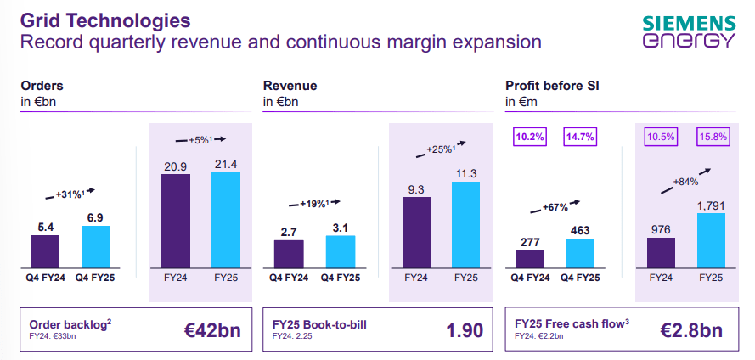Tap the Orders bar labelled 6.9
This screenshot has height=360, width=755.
click(95, 247)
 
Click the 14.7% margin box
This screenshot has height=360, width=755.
click(580, 137)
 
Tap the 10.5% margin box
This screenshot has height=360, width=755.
click(660, 137)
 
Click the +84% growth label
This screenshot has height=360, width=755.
click(685, 181)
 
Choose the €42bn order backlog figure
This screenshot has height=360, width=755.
click(212, 329)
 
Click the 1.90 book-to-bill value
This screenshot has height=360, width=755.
click(465, 329)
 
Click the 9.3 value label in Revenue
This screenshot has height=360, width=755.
click(417, 189)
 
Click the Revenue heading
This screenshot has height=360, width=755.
click(290, 86)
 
